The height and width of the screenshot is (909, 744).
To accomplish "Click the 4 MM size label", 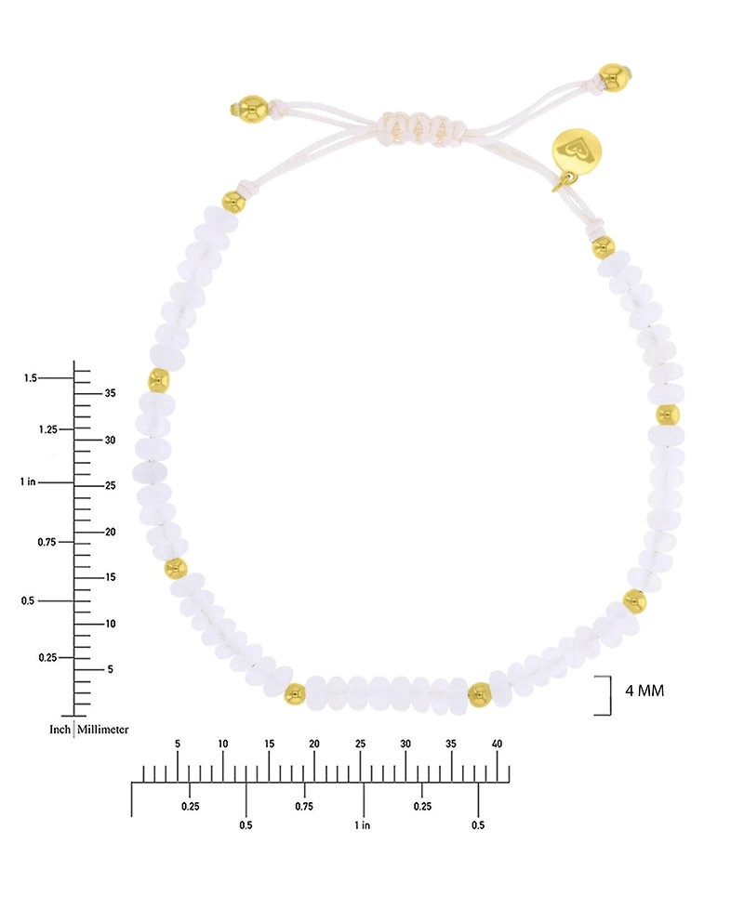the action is pyautogui.click(x=644, y=691).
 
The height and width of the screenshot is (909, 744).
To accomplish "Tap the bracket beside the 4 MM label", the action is pyautogui.click(x=609, y=695).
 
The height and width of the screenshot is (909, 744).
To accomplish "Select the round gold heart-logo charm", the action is pyautogui.click(x=577, y=151).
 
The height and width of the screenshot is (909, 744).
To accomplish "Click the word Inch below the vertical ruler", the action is pyautogui.click(x=60, y=730).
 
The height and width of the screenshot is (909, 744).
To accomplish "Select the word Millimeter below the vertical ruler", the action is pyautogui.click(x=102, y=730).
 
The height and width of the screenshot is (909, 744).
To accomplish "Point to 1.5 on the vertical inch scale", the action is pyautogui.click(x=30, y=378).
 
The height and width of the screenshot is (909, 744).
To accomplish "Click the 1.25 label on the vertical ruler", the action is pyautogui.click(x=48, y=429).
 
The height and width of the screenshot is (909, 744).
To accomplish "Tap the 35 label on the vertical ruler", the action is pyautogui.click(x=110, y=393).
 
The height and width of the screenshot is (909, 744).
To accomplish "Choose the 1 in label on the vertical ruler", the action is pyautogui.click(x=28, y=481).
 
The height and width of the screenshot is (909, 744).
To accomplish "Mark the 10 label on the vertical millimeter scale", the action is pyautogui.click(x=110, y=624).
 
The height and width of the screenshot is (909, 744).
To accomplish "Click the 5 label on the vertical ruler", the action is pyautogui.click(x=110, y=669).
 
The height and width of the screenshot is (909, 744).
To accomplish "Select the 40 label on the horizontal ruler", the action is pyautogui.click(x=497, y=744).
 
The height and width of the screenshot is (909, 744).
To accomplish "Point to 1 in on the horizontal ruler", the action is pyautogui.click(x=363, y=825).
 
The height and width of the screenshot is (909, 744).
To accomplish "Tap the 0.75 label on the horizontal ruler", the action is pyautogui.click(x=304, y=807).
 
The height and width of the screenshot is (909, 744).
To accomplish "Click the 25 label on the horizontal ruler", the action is pyautogui.click(x=360, y=744).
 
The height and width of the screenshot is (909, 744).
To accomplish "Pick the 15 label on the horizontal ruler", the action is pyautogui.click(x=269, y=744).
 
